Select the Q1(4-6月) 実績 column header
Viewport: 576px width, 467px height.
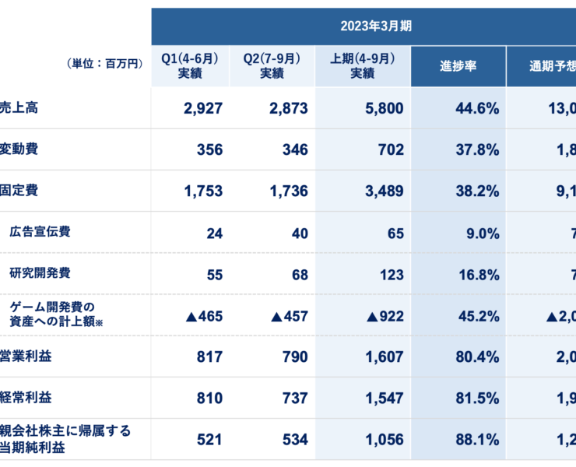[189, 65]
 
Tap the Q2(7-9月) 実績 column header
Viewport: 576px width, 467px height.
[272, 65]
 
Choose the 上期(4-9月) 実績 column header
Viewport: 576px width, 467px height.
[362, 65]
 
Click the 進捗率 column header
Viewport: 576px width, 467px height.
[458, 65]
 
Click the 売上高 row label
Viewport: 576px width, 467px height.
[19, 107]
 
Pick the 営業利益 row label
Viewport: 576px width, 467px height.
[26, 356]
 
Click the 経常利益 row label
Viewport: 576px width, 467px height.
[26, 397]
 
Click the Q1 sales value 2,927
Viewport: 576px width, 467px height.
[203, 108]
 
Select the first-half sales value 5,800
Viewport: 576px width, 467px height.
[385, 108]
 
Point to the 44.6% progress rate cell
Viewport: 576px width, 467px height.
[476, 108]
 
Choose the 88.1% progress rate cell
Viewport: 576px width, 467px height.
[476, 439]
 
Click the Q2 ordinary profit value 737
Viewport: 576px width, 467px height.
[294, 398]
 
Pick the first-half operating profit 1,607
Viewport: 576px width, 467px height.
[385, 356]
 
